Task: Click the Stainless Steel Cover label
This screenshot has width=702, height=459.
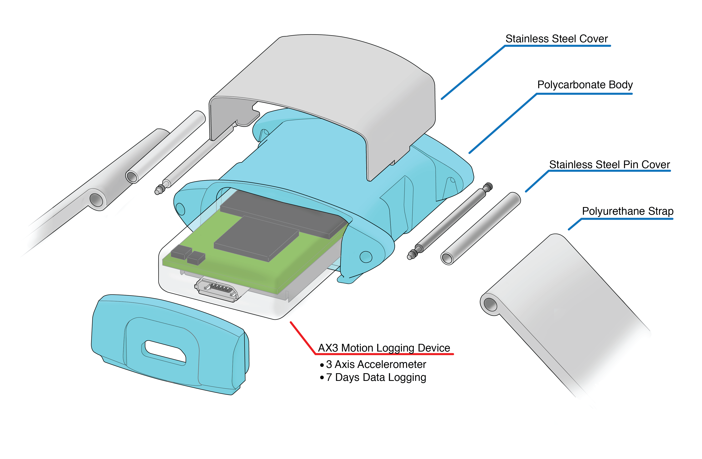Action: point(556,39)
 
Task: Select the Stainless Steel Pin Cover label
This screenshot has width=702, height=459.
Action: point(609,164)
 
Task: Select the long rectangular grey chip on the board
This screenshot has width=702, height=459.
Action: point(283,213)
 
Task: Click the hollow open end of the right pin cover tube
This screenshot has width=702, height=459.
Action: point(447,258)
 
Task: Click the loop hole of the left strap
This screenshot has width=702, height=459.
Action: point(96,200)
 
